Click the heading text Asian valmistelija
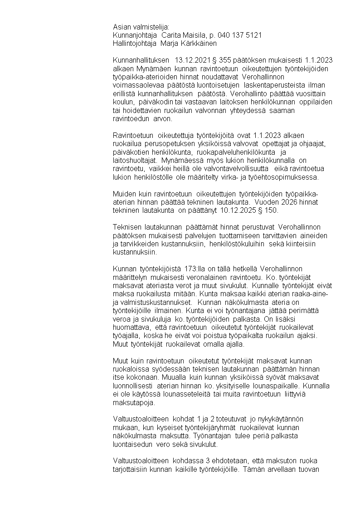point(141,27)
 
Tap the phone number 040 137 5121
point(239,35)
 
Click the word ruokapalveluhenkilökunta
point(238,152)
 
